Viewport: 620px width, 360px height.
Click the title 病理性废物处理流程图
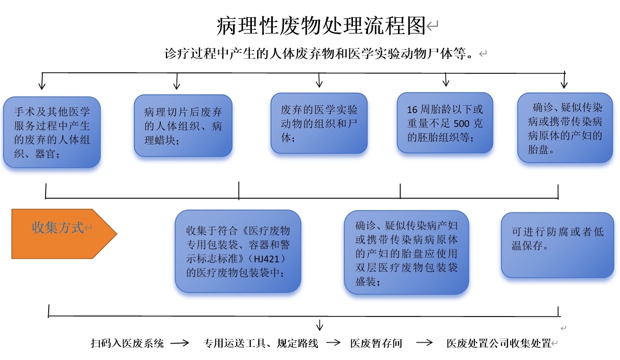pos(321,26)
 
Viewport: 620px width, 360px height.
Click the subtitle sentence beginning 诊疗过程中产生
pos(319,53)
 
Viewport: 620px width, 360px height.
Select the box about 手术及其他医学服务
pos(52,132)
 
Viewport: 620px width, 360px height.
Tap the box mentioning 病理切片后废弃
pos(183,126)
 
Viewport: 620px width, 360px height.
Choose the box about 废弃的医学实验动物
pos(319,123)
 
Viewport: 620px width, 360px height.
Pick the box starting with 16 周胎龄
pos(445,123)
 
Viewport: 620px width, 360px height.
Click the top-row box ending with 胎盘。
pos(565,128)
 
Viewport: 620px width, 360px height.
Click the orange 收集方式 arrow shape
pos(64,234)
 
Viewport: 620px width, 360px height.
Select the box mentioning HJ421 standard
pos(238,252)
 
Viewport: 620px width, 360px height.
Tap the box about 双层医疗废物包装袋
pos(406,253)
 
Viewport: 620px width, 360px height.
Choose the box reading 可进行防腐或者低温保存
pos(558,245)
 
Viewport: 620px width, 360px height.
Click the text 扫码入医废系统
pos(127,343)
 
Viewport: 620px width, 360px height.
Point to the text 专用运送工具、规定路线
pos(261,343)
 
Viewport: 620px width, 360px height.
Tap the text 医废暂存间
pos(376,343)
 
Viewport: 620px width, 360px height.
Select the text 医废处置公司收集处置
pos(499,343)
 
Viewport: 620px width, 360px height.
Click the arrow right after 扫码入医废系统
pos(180,343)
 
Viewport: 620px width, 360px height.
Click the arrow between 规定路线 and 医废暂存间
pos(334,343)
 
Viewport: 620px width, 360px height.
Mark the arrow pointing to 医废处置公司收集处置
pos(424,343)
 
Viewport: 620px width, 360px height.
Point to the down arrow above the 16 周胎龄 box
pos(446,80)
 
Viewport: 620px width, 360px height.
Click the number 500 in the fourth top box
pos(461,124)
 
